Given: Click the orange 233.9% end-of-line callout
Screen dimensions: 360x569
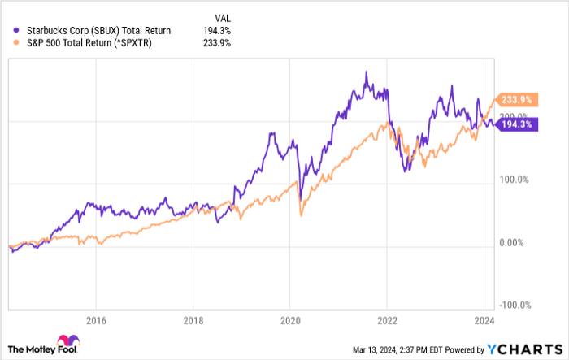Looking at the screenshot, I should (x=515, y=98).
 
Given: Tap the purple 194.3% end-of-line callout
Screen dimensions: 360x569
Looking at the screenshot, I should (x=515, y=124).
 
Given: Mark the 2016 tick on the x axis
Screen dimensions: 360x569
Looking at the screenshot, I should (x=96, y=319).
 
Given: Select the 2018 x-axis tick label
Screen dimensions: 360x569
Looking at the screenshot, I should (x=193, y=319).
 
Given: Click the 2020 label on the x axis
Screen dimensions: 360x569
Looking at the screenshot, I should (x=290, y=319).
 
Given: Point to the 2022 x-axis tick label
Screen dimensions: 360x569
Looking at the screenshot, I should (x=388, y=319).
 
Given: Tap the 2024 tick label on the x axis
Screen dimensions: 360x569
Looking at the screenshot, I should (x=484, y=319).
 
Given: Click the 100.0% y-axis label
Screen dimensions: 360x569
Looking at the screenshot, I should (x=515, y=180).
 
